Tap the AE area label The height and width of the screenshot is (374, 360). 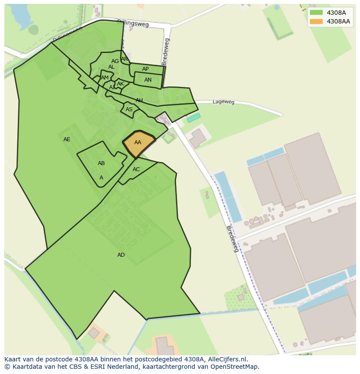(x=67, y=139)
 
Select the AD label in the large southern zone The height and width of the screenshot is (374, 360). (x=121, y=255)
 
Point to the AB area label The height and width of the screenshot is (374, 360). (x=101, y=163)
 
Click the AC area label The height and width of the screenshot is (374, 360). (x=136, y=169)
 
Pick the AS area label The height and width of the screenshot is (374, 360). (x=129, y=109)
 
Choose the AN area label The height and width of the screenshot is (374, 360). (x=148, y=80)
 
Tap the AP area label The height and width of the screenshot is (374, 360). (x=146, y=69)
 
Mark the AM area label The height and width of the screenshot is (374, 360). (x=105, y=78)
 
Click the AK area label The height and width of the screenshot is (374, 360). (x=120, y=84)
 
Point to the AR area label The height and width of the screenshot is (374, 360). (x=124, y=59)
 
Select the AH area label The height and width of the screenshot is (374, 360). (x=139, y=100)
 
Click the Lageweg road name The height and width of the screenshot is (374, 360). (x=223, y=102)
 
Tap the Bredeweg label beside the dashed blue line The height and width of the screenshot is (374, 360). (x=233, y=239)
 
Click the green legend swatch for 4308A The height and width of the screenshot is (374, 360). (x=316, y=13)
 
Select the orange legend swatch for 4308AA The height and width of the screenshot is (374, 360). (x=316, y=21)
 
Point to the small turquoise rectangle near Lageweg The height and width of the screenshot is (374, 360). (x=194, y=118)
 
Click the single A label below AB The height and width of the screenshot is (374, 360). (x=101, y=178)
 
